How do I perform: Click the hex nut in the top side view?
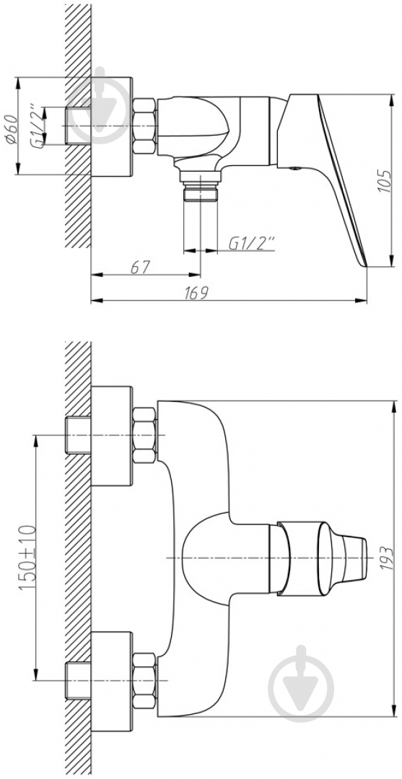145,126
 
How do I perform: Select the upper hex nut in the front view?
145,435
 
